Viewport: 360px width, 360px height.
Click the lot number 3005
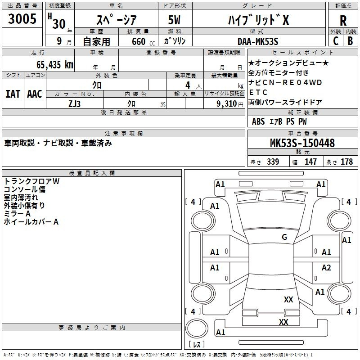[22, 18]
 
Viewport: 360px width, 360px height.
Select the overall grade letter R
[343, 21]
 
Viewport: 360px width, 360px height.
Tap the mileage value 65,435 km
[55, 65]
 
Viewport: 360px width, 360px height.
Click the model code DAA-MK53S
[258, 41]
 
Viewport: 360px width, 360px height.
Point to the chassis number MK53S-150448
[302, 143]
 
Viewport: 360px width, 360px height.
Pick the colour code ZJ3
[74, 104]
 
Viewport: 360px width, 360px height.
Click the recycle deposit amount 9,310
[227, 104]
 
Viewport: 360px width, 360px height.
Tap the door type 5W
[174, 20]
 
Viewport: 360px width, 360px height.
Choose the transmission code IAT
[13, 94]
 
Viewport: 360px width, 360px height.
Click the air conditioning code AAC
[35, 94]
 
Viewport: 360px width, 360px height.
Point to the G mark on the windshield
[284, 237]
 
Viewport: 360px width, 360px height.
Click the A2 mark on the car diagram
[326, 267]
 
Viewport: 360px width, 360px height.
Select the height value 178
[346, 162]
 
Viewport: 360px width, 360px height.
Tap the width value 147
[310, 162]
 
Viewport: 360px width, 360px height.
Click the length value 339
[273, 162]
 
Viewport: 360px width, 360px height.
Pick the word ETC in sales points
[258, 92]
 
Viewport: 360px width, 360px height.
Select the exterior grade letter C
[336, 41]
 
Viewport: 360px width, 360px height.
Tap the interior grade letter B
[351, 41]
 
